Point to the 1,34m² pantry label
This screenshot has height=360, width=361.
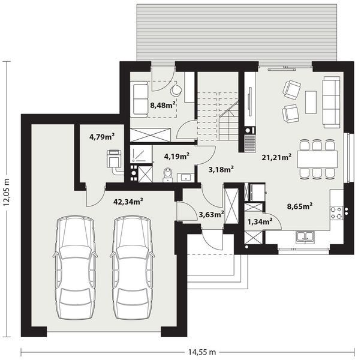tap(260, 221)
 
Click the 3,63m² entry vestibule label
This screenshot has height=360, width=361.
tap(210, 213)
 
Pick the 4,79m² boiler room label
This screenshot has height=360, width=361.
tap(101, 136)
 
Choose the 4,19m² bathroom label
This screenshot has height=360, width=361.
tap(177, 157)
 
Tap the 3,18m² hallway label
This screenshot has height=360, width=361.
tap(221, 170)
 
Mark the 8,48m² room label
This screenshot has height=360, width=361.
tap(163, 105)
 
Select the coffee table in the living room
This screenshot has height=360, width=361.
tap(310, 101)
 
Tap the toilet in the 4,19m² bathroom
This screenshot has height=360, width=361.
tap(169, 175)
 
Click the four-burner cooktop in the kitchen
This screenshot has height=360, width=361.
tap(337, 211)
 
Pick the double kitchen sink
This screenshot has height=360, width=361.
tap(305, 238)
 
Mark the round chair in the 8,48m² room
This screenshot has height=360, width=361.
tap(176, 91)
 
